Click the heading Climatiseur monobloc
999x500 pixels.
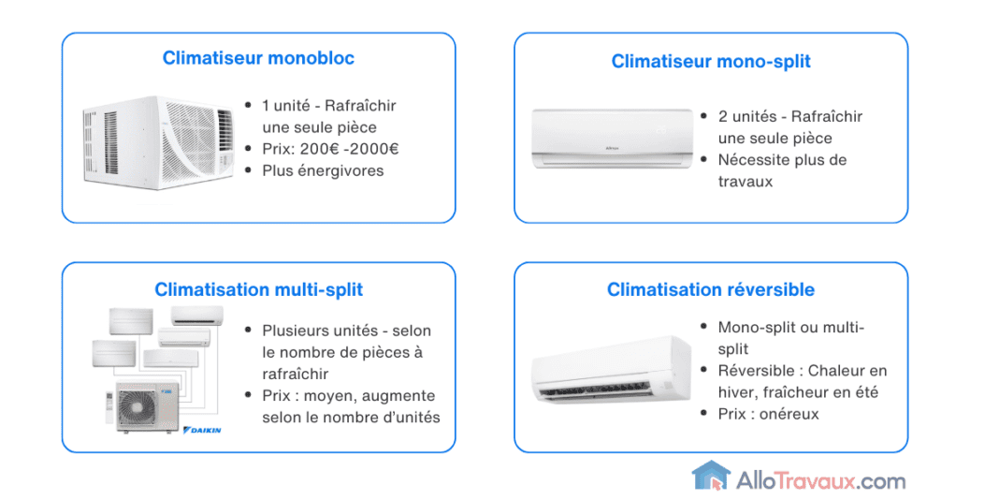pos(258,58)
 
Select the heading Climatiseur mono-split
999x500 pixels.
pos(711,62)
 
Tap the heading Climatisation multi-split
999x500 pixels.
pos(258,289)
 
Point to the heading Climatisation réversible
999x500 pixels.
pos(711,289)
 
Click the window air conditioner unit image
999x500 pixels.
pos(158,141)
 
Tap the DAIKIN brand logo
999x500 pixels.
pos(204,430)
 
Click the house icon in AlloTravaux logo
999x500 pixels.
pos(710,477)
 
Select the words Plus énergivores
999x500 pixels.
pos(323,170)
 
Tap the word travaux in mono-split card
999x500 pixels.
pos(746,182)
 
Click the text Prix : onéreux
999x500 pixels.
pos(768,414)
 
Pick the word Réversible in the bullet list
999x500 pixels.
pos(758,371)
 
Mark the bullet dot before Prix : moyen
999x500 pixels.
pos(247,396)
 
